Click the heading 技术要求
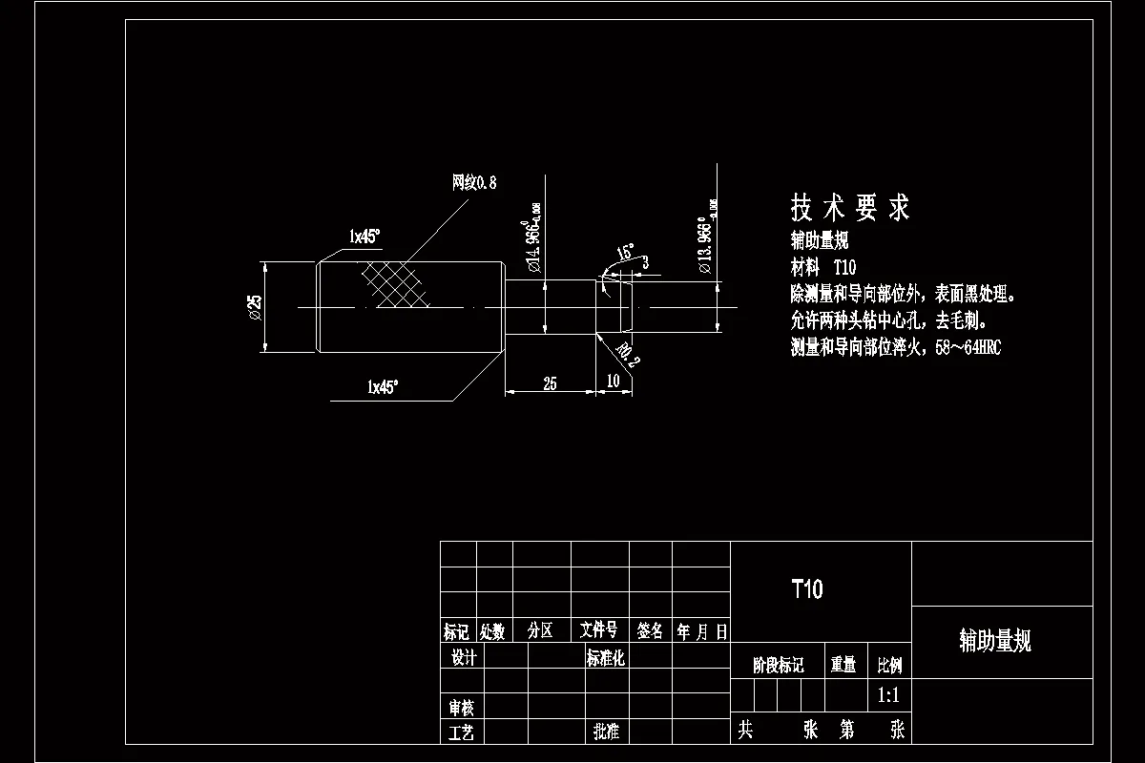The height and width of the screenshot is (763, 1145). pyautogui.click(x=849, y=207)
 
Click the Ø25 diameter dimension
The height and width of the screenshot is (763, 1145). pyautogui.click(x=255, y=306)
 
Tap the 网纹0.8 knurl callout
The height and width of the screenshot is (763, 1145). pyautogui.click(x=474, y=182)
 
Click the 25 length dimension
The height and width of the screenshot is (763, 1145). pyautogui.click(x=550, y=383)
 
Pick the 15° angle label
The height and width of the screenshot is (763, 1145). pyautogui.click(x=624, y=253)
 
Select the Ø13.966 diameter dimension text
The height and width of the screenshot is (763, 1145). pyautogui.click(x=707, y=237)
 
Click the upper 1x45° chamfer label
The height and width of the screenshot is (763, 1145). pyautogui.click(x=364, y=236)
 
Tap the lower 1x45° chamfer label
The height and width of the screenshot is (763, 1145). pyautogui.click(x=383, y=386)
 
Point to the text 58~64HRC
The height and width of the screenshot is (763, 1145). pyautogui.click(x=968, y=348)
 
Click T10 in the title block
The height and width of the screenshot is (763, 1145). pyautogui.click(x=806, y=588)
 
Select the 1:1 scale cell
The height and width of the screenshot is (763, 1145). pyautogui.click(x=888, y=695)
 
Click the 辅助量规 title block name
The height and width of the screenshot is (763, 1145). pyautogui.click(x=995, y=641)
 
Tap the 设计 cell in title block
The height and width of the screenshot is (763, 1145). pyautogui.click(x=463, y=657)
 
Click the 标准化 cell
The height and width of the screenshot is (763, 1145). pyautogui.click(x=605, y=657)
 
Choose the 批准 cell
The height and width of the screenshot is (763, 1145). pyautogui.click(x=605, y=732)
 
